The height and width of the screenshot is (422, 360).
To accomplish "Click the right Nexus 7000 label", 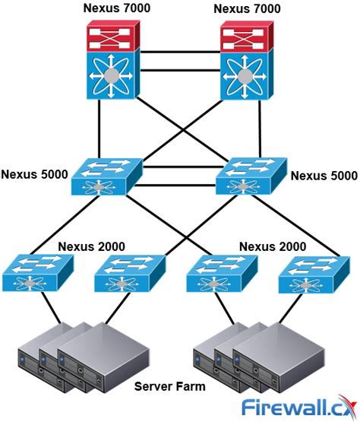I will point(248,8).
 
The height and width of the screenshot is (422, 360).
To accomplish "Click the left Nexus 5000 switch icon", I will point(106,178).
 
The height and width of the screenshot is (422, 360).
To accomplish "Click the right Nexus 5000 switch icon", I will point(251,178).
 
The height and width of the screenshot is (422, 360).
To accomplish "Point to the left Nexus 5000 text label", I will point(33,174).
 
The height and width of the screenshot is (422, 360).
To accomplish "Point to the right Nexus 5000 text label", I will point(324,176).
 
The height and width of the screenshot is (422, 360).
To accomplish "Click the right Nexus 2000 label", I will point(273,246).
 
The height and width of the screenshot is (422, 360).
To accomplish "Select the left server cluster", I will point(69,357).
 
